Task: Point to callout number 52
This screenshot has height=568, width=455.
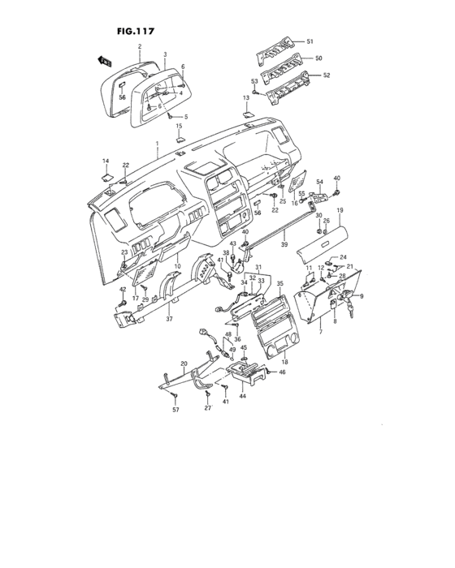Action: pyautogui.click(x=327, y=75)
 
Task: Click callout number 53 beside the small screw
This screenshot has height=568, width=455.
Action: pyautogui.click(x=254, y=82)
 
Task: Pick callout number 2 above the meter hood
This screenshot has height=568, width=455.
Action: pyautogui.click(x=141, y=46)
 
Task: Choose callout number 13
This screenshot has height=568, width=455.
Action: pyautogui.click(x=245, y=97)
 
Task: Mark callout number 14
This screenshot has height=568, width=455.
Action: pyautogui.click(x=105, y=161)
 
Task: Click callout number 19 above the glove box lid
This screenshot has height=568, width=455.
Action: pyautogui.click(x=340, y=211)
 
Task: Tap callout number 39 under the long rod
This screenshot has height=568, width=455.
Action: pyautogui.click(x=284, y=244)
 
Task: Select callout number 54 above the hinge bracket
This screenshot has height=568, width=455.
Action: pyautogui.click(x=319, y=182)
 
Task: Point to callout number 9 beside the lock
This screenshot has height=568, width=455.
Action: pyautogui.click(x=362, y=295)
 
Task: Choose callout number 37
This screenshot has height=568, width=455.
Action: pyautogui.click(x=170, y=320)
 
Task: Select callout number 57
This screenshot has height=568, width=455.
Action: pyautogui.click(x=175, y=411)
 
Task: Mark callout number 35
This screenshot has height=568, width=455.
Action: pyautogui.click(x=279, y=284)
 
